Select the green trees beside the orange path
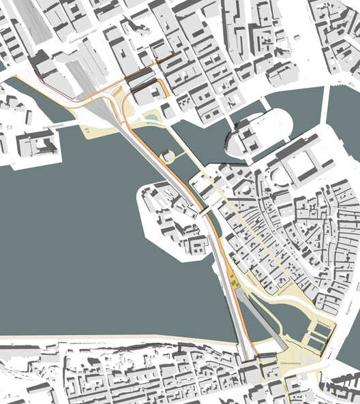click(234, 279)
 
